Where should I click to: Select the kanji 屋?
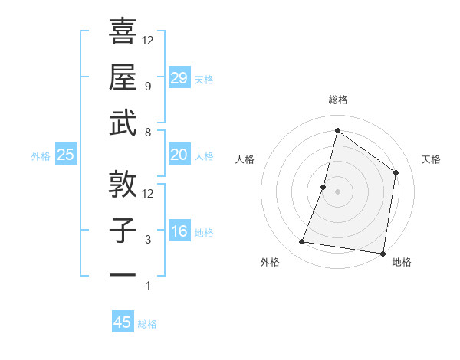point(123,77)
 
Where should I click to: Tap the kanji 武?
point(123,123)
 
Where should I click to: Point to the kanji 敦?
point(123,185)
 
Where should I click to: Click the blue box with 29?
point(179,77)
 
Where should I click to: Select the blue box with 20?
point(179,155)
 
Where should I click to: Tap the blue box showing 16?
point(179,231)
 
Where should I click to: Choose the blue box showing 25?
point(66,155)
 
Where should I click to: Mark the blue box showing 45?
point(123,322)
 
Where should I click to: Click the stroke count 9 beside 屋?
point(148,87)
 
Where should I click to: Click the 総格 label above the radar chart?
point(337,100)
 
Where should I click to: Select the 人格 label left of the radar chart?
point(245,159)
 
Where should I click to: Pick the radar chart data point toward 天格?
point(396,172)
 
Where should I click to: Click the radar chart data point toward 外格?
point(302,242)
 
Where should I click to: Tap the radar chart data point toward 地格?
point(382,253)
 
